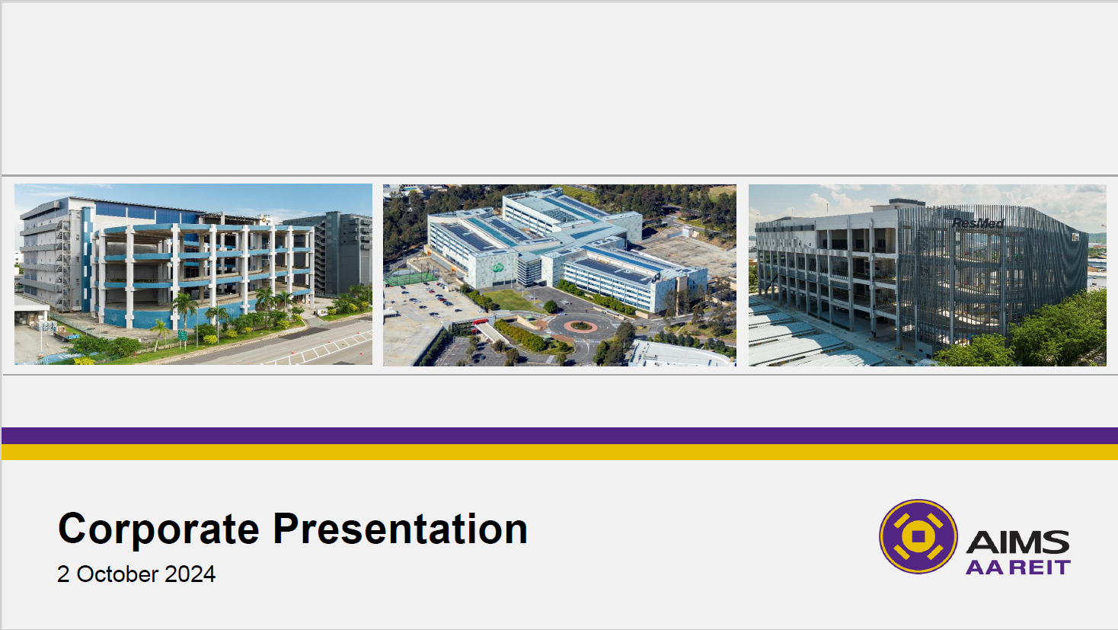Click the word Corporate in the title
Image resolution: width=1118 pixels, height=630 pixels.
click(x=158, y=529)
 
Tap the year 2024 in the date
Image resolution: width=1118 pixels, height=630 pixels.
click(x=190, y=574)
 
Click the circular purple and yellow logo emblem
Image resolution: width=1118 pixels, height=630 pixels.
click(x=918, y=536)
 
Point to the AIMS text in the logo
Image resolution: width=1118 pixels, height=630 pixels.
click(x=1017, y=542)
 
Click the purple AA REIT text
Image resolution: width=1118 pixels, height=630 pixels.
click(x=1018, y=568)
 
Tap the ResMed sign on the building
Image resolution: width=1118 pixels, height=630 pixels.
click(x=978, y=222)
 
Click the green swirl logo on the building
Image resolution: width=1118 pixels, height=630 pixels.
click(x=497, y=268)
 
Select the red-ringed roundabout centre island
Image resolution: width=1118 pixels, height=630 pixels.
click(x=580, y=327)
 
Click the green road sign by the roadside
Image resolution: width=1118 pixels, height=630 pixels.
click(x=182, y=335)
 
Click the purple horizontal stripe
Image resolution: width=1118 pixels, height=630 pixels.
click(x=560, y=436)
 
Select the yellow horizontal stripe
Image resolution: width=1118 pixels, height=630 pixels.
click(x=560, y=453)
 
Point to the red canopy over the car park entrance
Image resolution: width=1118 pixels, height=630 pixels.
click(x=480, y=321)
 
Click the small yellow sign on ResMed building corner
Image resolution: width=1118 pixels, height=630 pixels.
click(x=1075, y=237)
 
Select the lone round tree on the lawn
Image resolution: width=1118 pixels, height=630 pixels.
click(x=550, y=306)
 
